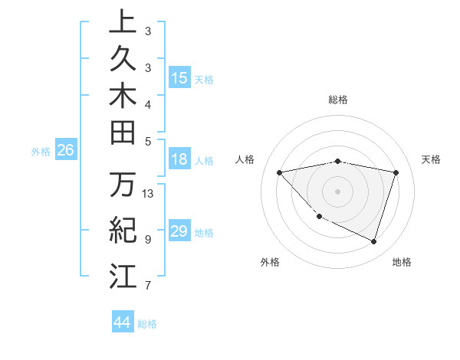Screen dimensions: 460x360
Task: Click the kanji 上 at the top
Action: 123,22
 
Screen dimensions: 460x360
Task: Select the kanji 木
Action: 123,95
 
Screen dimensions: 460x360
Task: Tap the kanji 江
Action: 123,275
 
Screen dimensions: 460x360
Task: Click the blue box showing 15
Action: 179,78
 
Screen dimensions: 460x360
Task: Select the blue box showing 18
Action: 179,160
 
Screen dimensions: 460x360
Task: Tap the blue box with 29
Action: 179,231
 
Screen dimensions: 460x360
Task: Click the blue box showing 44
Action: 123,322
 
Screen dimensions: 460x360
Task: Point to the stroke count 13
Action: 149,193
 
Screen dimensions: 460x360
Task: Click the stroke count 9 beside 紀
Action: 148,239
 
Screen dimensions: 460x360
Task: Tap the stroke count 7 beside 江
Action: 148,286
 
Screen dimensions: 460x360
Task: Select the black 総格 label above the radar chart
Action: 338,100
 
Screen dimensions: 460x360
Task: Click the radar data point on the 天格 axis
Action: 396,172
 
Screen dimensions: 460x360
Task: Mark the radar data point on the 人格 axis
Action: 280,172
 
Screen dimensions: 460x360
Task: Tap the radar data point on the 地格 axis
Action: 374,241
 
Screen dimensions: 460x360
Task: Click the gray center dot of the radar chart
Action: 338,191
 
